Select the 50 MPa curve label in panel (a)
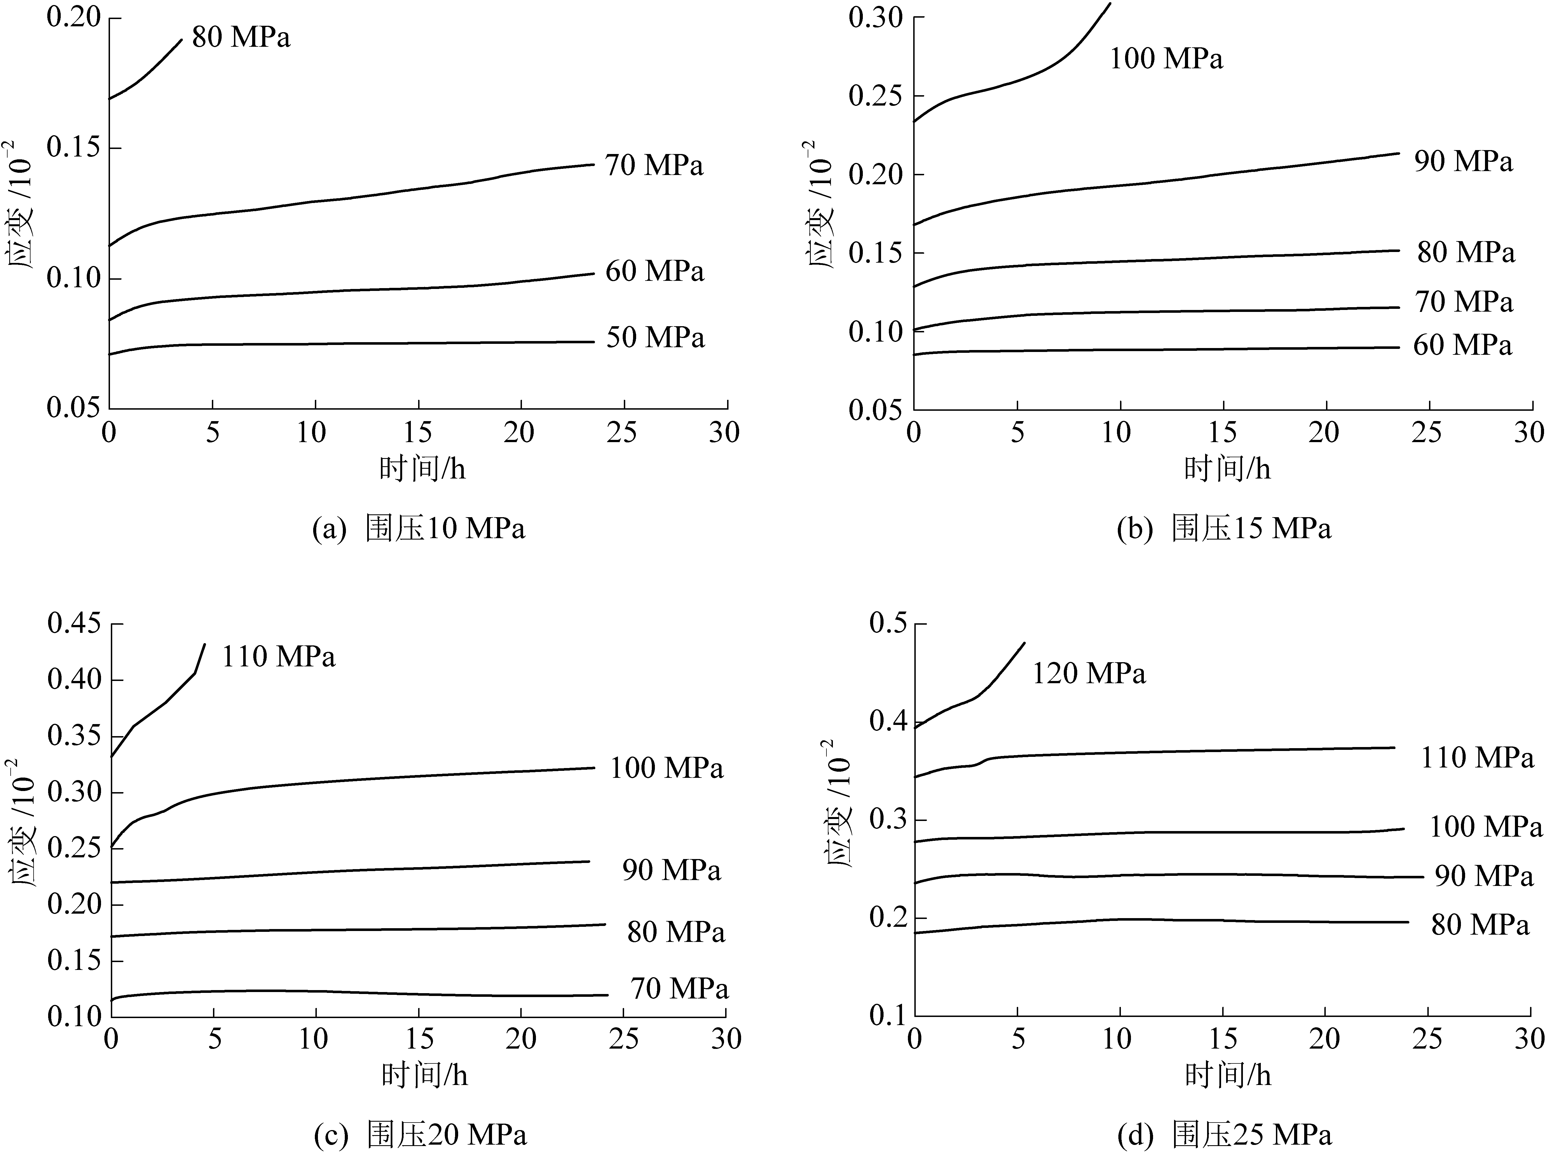655,338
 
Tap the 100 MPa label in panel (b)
1166,59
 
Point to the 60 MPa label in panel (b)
1462,346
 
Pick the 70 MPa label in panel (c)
679,989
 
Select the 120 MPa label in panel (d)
1089,673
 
